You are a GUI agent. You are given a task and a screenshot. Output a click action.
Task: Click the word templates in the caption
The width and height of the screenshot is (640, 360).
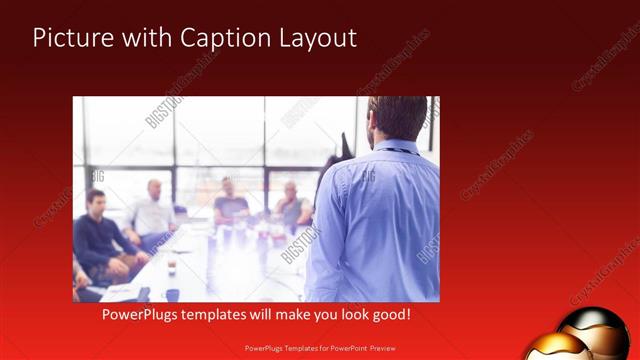pyautogui.click(x=228, y=314)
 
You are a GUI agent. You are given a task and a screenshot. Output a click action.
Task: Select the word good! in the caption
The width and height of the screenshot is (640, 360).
pyautogui.click(x=389, y=314)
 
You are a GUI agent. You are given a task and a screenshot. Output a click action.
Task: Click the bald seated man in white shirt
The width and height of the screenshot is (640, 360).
pyautogui.click(x=152, y=210)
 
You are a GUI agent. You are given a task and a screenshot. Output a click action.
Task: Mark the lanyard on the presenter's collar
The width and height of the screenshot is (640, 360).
pyautogui.click(x=399, y=150)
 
